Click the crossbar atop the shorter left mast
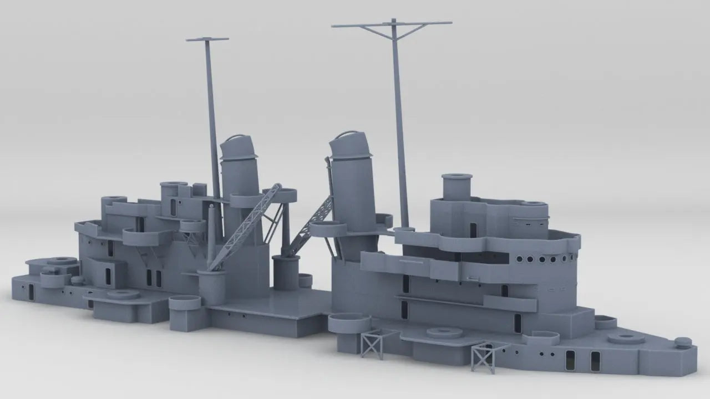click(x=207, y=39)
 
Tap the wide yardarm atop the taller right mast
click(x=392, y=24)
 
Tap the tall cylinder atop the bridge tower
click(x=457, y=187)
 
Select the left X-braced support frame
click(x=372, y=344)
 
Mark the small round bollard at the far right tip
click(x=683, y=342)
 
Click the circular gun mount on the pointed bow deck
click(x=626, y=338)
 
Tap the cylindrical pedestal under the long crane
click(x=212, y=287)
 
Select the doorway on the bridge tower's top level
click(x=473, y=230)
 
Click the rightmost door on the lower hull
click(x=595, y=361)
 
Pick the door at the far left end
click(x=32, y=292)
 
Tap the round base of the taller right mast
click(x=404, y=229)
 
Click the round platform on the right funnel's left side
click(x=328, y=228)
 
